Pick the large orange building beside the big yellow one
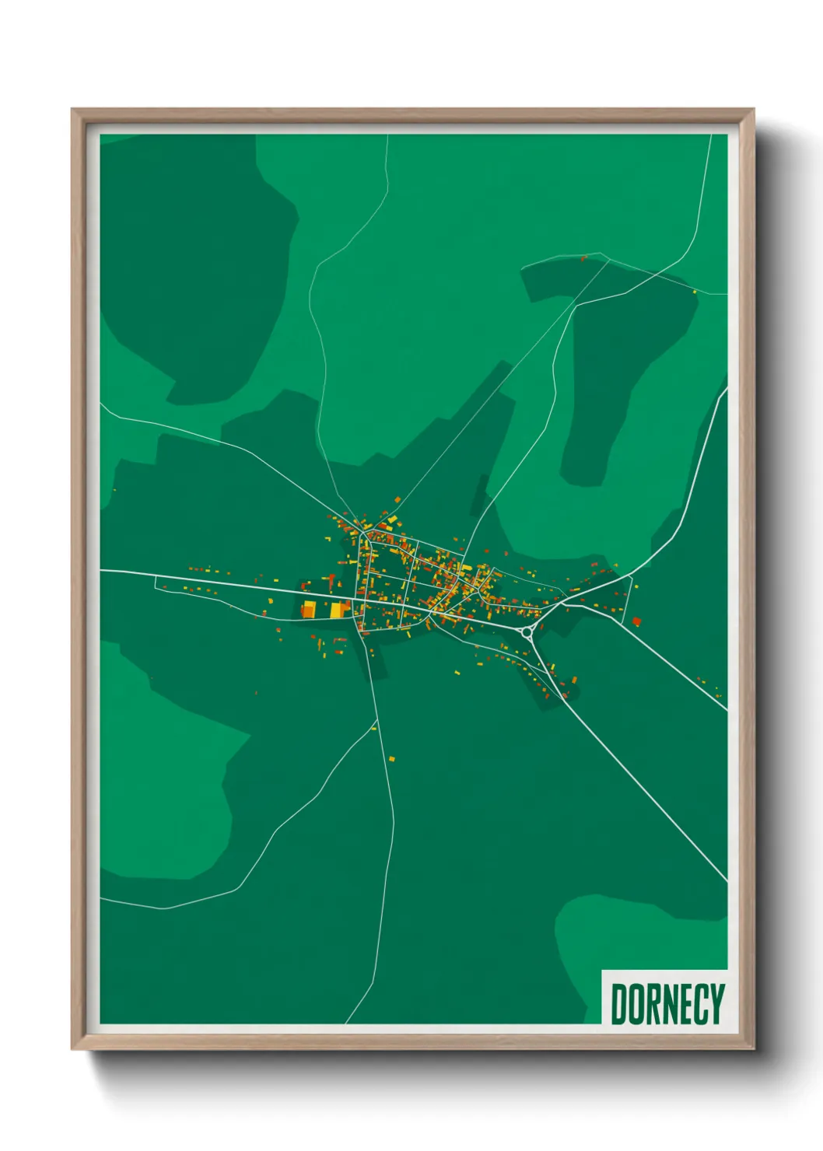pyautogui.click(x=309, y=609)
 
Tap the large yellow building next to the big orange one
pyautogui.click(x=338, y=610)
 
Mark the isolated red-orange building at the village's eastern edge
pyautogui.click(x=636, y=621)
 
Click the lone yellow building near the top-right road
pyautogui.click(x=695, y=292)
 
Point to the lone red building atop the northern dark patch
pyautogui.click(x=583, y=259)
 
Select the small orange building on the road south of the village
pyautogui.click(x=392, y=757)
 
